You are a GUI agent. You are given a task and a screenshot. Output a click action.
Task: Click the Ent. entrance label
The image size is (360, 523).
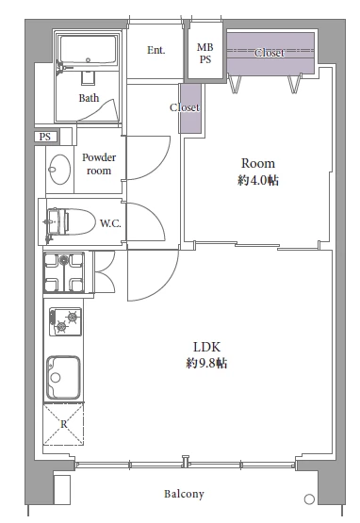(x=156, y=50)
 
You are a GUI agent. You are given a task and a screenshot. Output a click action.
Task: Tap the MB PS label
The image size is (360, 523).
(x=205, y=53)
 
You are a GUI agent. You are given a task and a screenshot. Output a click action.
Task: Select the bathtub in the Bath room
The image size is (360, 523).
(x=88, y=51)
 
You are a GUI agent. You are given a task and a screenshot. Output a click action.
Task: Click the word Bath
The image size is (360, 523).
(x=89, y=98)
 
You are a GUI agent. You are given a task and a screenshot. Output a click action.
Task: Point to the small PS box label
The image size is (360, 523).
(x=45, y=137)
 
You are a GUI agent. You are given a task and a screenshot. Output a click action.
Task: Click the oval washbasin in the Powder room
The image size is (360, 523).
(x=59, y=169)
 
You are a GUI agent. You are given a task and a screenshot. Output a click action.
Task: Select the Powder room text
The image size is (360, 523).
(x=99, y=164)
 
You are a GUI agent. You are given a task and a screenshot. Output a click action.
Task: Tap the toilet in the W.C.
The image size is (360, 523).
(x=71, y=221)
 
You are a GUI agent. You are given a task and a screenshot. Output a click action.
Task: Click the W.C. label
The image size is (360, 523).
(x=110, y=223)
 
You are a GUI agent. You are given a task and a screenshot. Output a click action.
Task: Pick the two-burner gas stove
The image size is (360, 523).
(x=65, y=321)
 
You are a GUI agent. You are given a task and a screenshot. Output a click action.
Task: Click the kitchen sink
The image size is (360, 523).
(x=63, y=377)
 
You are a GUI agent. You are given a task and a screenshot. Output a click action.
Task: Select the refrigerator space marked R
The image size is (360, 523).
(x=63, y=424)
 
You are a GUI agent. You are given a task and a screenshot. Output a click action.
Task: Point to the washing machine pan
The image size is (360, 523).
(x=63, y=272)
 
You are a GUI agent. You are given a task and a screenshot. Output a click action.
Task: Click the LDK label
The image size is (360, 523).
(x=206, y=347)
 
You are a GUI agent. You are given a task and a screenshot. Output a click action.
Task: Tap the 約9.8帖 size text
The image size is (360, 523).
(x=206, y=363)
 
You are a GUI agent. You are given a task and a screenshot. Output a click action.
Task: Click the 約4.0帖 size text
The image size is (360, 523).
(x=258, y=180)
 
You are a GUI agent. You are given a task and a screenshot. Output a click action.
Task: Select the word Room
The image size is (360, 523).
(x=258, y=163)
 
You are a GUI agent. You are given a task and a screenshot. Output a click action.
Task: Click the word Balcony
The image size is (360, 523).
(x=184, y=494)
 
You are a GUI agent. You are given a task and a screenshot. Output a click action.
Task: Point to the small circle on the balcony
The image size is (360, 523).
(x=310, y=499)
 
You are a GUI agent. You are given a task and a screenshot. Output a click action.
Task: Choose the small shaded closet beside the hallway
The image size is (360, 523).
(x=191, y=108)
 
